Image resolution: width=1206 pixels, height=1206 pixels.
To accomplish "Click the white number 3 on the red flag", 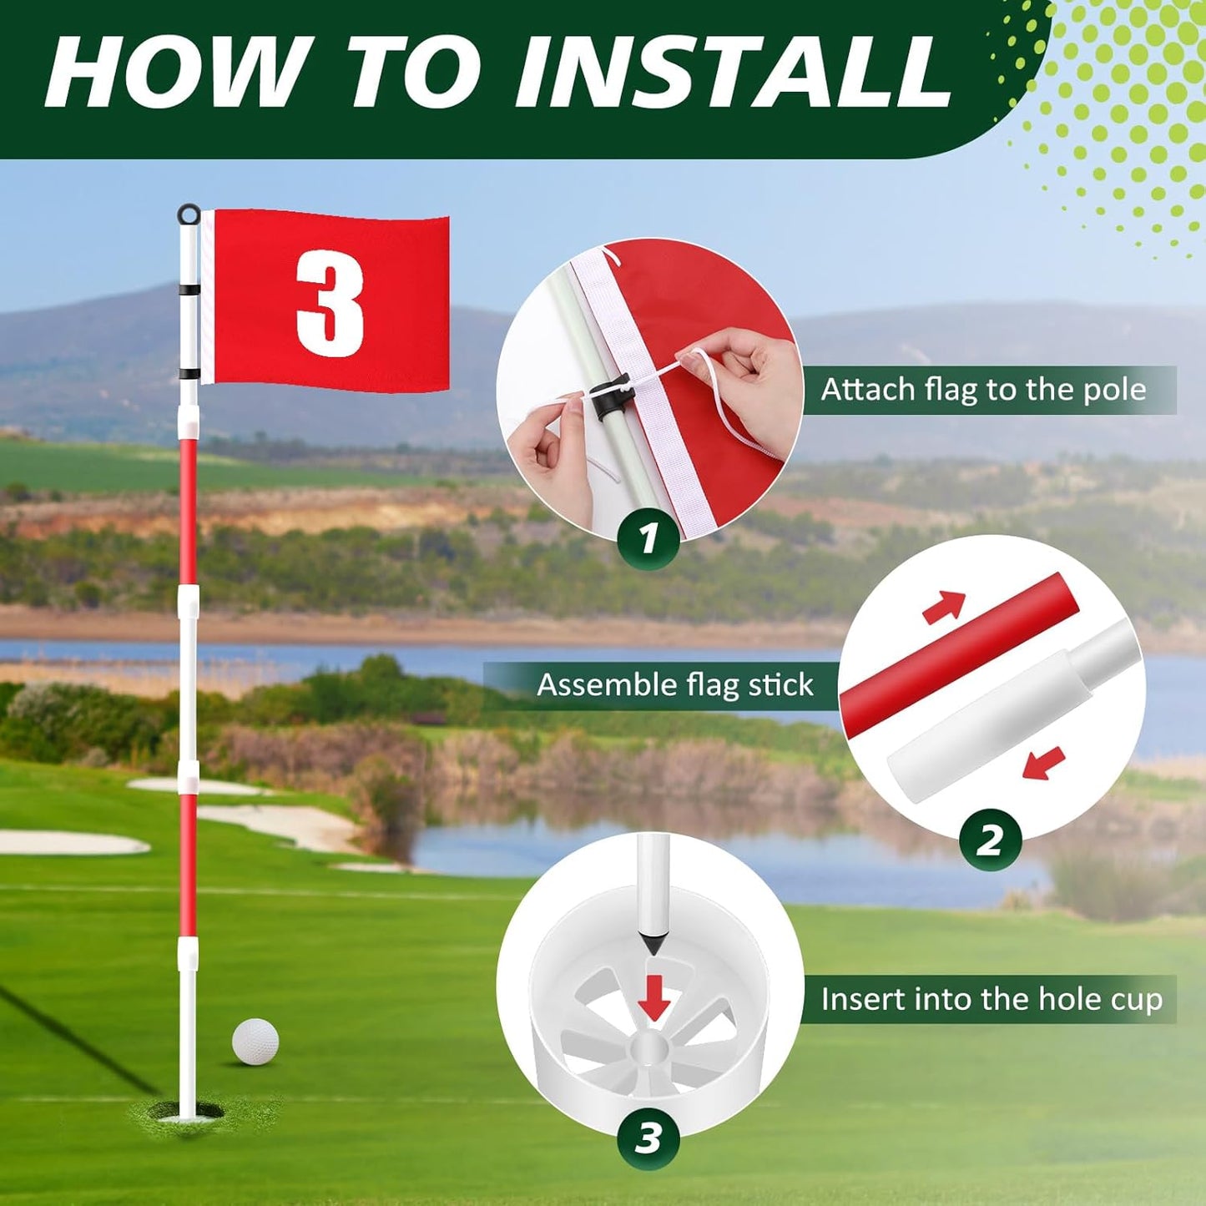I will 331,304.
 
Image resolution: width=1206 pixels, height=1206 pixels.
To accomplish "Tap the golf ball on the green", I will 255,1041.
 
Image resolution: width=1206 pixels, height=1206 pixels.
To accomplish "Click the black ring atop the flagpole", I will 189,214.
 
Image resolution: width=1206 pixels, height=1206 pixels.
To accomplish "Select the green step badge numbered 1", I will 648,538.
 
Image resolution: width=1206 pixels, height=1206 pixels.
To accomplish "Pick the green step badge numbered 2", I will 990,839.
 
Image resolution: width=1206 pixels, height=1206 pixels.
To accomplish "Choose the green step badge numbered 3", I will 648,1138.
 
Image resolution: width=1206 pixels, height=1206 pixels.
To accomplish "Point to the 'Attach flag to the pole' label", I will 983,390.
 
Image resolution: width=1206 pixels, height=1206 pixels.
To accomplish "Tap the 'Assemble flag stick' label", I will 674,685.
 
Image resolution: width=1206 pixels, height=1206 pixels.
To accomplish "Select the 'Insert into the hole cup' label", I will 991,999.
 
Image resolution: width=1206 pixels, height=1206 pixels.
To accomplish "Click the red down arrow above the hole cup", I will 653,998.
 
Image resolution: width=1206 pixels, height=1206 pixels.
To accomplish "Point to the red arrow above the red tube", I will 944,607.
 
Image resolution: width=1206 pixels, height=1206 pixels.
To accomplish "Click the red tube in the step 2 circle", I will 960,657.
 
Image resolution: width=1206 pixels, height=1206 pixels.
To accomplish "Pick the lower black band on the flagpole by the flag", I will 189,374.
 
